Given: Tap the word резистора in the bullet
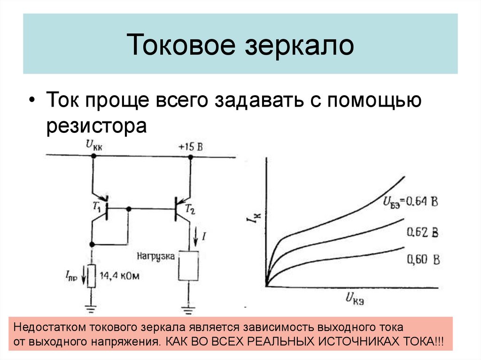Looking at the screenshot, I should (97, 127).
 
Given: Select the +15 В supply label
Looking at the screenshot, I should (191, 147).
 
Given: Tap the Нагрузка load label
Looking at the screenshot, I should (156, 256).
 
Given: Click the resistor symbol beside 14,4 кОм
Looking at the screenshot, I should (92, 276).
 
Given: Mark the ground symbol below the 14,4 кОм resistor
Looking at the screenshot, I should (92, 308).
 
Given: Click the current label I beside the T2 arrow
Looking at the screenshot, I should (204, 237).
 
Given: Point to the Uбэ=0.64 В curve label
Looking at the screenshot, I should (411, 203).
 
